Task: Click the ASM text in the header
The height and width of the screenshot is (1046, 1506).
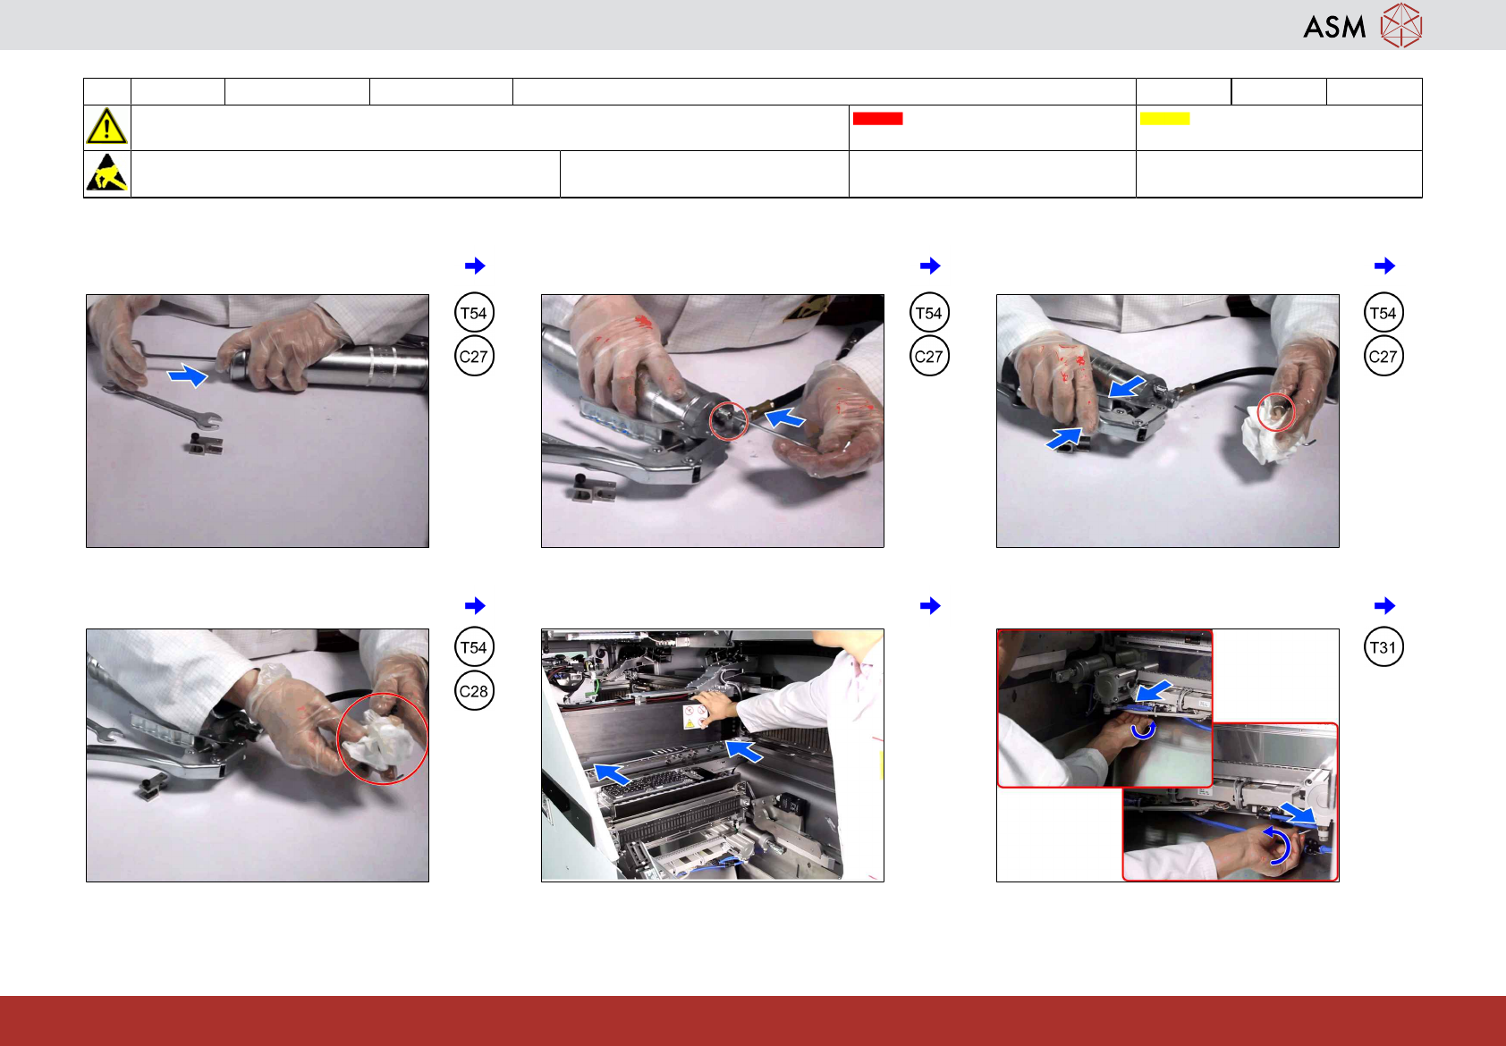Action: click(1334, 28)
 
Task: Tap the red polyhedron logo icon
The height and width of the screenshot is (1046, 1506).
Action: click(1401, 26)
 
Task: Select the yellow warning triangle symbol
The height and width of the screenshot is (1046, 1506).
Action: click(106, 127)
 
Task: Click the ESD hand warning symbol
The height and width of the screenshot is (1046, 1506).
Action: click(107, 173)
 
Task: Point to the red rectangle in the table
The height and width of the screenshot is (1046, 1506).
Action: click(877, 118)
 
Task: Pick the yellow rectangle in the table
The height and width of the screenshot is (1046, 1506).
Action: click(1164, 118)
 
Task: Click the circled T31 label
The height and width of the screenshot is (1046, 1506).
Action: click(1383, 646)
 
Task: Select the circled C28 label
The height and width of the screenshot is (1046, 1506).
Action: click(474, 691)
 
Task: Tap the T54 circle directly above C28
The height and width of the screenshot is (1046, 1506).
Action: click(474, 646)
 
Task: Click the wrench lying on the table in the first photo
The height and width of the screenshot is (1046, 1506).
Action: click(162, 405)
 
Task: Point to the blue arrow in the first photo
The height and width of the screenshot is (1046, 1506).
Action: click(188, 375)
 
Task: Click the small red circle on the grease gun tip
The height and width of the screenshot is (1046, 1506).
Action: click(728, 421)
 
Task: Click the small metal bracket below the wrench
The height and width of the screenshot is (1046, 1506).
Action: click(205, 443)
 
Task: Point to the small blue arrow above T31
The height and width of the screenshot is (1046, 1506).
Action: click(1384, 605)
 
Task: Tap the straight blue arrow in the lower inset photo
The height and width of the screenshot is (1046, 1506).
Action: click(1298, 813)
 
